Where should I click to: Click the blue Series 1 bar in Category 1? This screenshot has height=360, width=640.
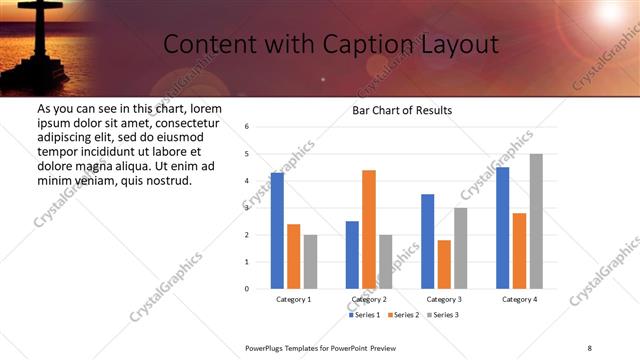pos(277,230)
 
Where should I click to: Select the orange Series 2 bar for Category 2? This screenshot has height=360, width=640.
pos(369,229)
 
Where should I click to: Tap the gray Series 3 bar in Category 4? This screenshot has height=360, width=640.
pos(536,221)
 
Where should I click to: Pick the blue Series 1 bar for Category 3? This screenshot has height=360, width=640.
pos(428,241)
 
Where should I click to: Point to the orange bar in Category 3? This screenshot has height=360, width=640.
pos(444,264)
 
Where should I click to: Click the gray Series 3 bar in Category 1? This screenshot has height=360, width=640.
pos(310,262)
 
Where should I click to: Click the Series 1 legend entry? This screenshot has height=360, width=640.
pos(365,315)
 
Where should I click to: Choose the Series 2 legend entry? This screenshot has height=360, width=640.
pos(404,315)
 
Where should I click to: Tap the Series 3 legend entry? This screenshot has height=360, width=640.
pos(443,315)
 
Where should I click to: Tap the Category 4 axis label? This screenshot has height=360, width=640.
pos(519,299)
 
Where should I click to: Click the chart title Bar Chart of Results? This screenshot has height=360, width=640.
pos(402,109)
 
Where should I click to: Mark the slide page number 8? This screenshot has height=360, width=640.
pos(589,347)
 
